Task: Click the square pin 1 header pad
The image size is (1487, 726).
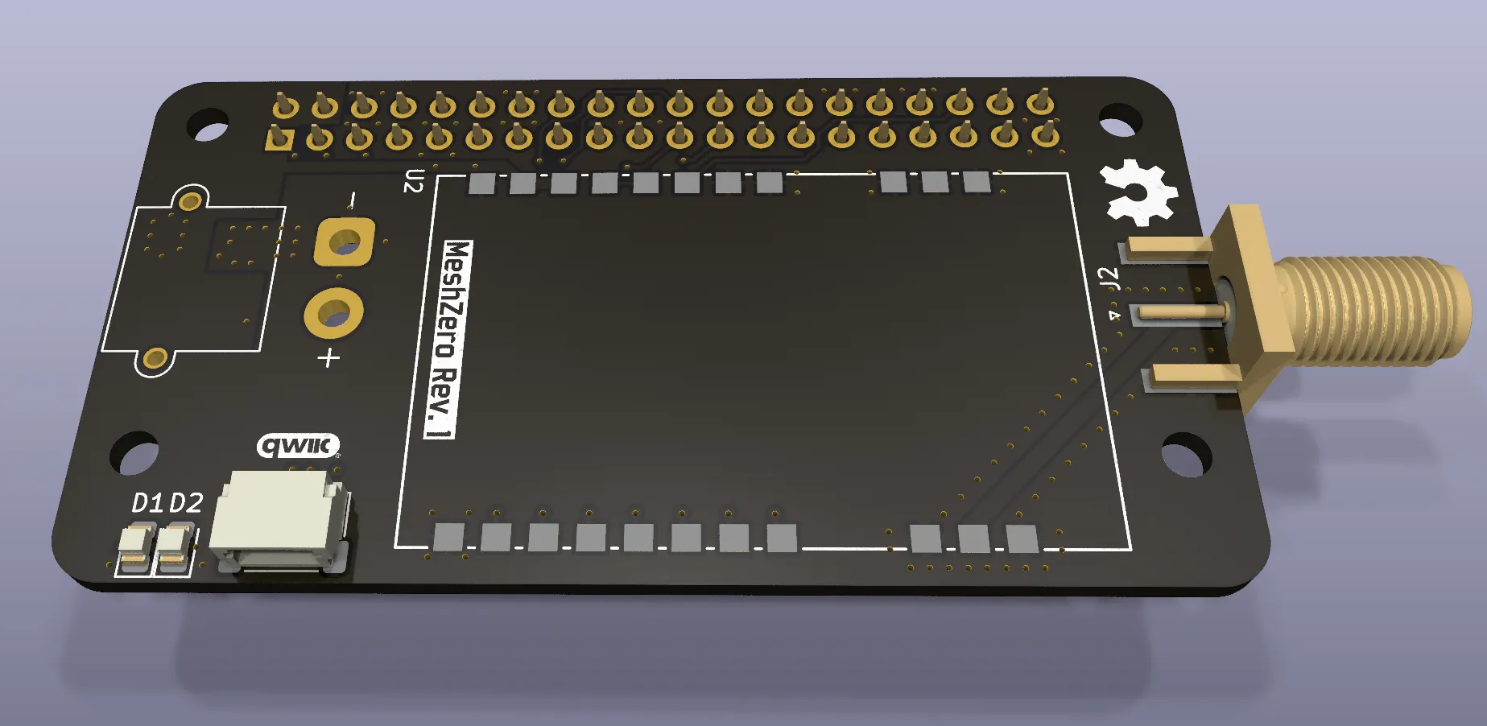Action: [279, 138]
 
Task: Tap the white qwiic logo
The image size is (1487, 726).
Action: [298, 445]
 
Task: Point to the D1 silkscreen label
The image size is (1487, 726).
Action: [147, 504]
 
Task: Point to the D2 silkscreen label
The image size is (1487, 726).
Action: [186, 502]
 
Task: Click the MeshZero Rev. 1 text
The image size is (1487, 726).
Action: [448, 339]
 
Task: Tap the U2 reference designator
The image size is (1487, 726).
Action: [413, 181]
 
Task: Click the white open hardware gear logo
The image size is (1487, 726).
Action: [1137, 193]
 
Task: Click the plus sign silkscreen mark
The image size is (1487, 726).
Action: [328, 357]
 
